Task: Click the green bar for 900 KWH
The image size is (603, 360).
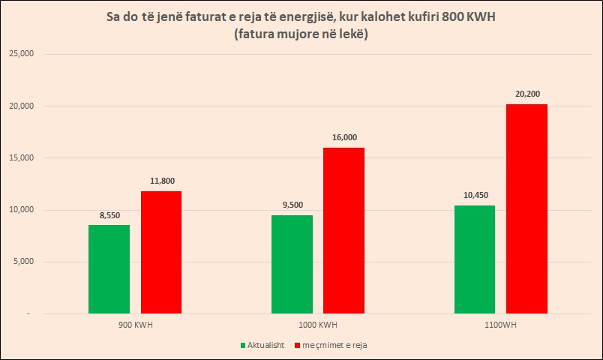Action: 109,268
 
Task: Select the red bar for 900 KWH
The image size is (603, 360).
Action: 160,252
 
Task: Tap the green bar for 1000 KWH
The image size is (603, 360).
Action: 292,264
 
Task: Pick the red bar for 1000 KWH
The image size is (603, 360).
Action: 343,230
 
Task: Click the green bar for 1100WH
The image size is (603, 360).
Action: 475,259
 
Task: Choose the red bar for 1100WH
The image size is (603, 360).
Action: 526,208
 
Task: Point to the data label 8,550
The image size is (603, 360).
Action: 109,214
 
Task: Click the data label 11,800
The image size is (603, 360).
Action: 161,181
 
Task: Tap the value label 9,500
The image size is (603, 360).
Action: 292,205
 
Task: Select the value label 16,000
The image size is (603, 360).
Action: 343,137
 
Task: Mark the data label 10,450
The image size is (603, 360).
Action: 475,195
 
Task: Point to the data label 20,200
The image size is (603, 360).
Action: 526,94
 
